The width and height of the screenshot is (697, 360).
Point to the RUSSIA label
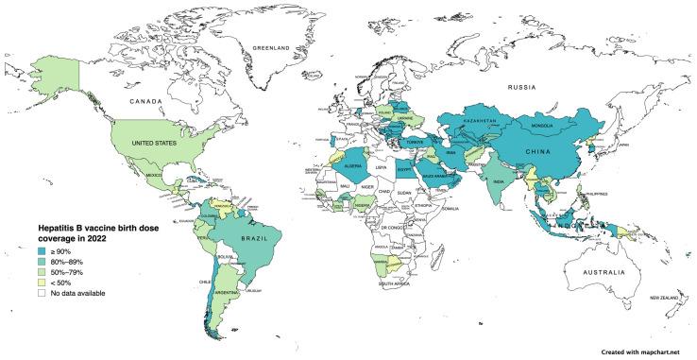(x=504, y=89)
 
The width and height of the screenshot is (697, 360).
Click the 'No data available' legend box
(x=42, y=294)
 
